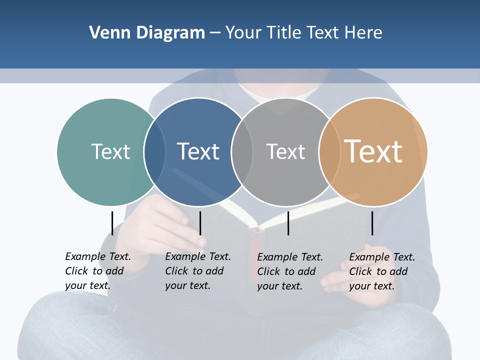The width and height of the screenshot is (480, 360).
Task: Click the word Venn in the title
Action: (x=106, y=33)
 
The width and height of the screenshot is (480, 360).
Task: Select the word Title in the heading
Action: (x=285, y=33)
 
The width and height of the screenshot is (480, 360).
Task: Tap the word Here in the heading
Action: (x=363, y=33)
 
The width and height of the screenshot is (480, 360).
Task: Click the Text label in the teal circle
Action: (x=110, y=151)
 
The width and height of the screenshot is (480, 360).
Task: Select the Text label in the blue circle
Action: (x=198, y=151)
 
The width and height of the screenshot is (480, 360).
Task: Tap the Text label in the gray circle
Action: (x=285, y=151)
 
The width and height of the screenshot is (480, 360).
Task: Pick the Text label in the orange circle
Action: (x=373, y=151)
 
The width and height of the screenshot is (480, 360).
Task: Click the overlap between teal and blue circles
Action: (x=154, y=151)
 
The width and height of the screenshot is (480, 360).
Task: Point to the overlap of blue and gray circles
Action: (x=242, y=151)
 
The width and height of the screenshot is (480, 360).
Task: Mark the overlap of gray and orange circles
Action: (x=329, y=151)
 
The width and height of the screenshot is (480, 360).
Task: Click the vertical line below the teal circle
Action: (x=112, y=223)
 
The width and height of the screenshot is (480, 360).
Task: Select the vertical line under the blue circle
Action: (x=200, y=223)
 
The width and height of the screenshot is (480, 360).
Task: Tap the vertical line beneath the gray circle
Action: (x=288, y=223)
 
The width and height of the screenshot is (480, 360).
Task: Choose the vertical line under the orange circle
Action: (x=372, y=223)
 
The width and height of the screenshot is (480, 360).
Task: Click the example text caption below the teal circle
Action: (x=98, y=271)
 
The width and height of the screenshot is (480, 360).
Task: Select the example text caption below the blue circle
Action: (x=198, y=271)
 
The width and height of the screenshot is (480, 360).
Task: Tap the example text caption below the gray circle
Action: (x=290, y=271)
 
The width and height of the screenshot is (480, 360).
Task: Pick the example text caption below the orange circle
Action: (x=382, y=271)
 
